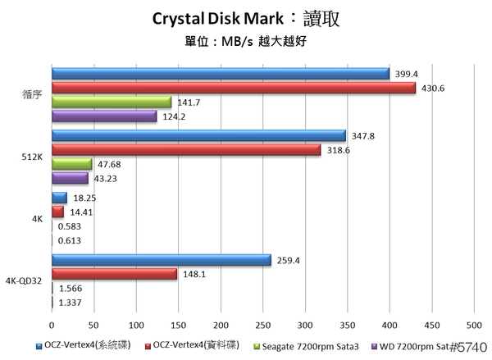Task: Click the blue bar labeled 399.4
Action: coord(220,75)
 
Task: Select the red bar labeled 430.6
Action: coord(233,89)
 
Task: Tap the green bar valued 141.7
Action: coord(112,103)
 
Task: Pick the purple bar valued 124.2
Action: coord(104,116)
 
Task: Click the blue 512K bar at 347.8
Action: coord(198,136)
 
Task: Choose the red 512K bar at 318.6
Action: coord(186,150)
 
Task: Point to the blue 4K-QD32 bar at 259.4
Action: coord(161,260)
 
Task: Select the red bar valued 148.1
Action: coord(114,274)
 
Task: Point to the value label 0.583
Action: coord(70,226)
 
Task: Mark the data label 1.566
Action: coord(70,288)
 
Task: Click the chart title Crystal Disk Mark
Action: coord(216,18)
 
